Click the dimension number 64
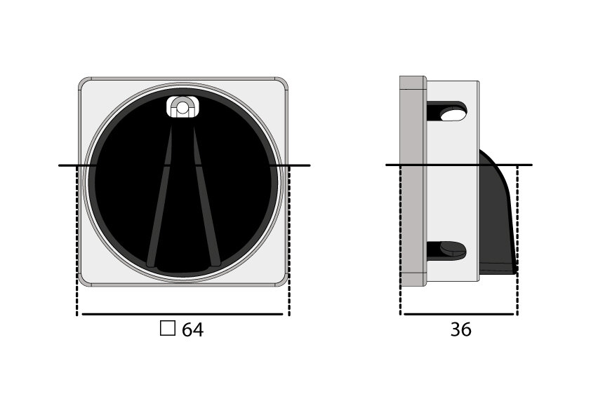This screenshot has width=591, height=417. [x=192, y=330]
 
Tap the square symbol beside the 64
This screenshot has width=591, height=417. [x=167, y=329]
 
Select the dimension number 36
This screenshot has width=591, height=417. [x=460, y=329]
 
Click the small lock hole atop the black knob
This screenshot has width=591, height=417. [x=182, y=107]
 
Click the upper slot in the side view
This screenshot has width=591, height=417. [x=449, y=111]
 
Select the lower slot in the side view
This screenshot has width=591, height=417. [x=449, y=249]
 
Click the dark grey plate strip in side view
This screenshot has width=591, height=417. [x=413, y=182]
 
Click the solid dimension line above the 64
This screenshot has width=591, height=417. [x=182, y=314]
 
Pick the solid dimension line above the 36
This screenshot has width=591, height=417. [x=459, y=314]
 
